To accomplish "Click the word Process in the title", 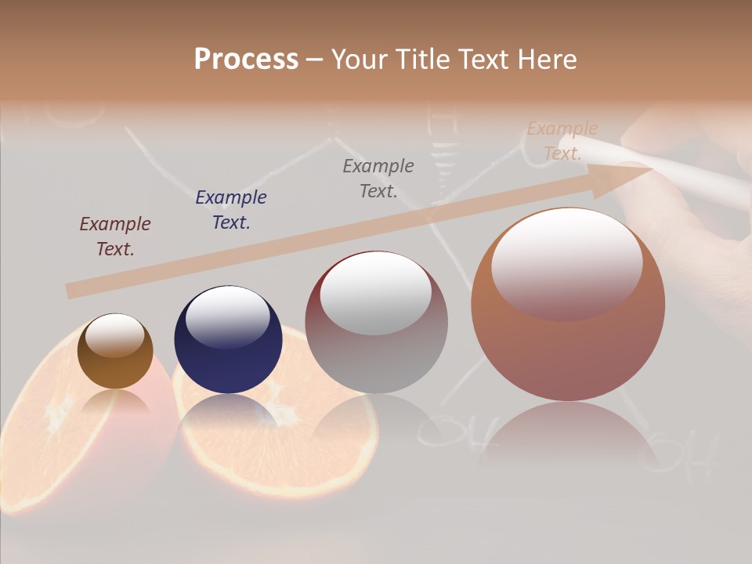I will click(246, 59).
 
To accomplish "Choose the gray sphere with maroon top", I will click(376, 352).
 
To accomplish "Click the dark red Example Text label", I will click(115, 237).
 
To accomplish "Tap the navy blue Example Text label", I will click(231, 209).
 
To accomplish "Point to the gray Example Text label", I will click(378, 178).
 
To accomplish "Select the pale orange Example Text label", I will click(562, 141).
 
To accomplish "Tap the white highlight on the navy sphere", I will click(227, 317).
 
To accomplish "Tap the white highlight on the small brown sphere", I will click(115, 335).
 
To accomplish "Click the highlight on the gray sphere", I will click(376, 294).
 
